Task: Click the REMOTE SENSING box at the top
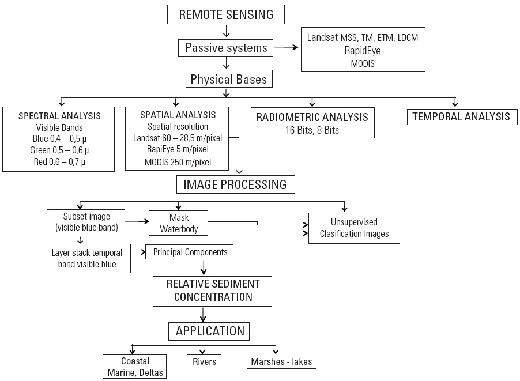(226, 15)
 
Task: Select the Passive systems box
(226, 48)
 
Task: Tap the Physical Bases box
(229, 79)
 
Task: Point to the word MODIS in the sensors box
(363, 63)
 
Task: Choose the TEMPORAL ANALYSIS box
(461, 116)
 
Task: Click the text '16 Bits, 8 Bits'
(312, 130)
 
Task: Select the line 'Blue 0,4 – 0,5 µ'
(60, 139)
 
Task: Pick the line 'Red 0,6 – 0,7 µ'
(60, 161)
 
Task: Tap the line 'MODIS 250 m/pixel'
(177, 162)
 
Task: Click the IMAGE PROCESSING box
(235, 185)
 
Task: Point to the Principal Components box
(190, 252)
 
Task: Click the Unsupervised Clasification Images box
(354, 228)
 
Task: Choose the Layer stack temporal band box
(87, 258)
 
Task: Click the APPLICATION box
(210, 331)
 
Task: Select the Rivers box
(204, 362)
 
